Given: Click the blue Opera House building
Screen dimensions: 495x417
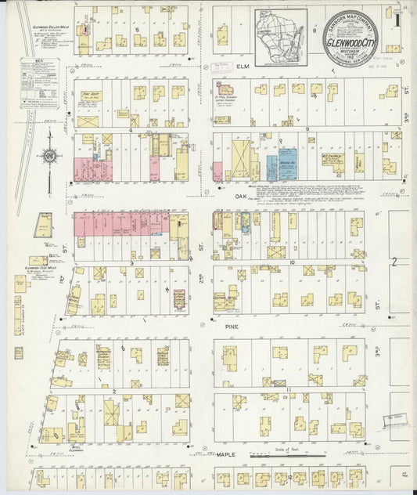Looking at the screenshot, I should pyautogui.click(x=287, y=165).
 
